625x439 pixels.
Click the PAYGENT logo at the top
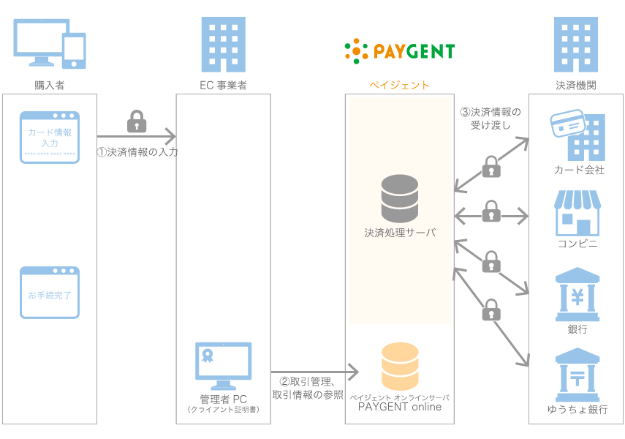(400, 50)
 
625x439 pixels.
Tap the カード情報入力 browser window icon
(50, 137)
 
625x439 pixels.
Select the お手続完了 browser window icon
(50, 292)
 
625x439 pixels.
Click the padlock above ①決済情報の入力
(137, 122)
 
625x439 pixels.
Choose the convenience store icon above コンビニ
(577, 212)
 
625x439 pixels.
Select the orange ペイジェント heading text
(399, 86)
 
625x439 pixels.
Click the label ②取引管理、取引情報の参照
(308, 388)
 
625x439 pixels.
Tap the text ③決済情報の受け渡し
(490, 119)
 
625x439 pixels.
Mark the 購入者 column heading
(50, 86)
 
